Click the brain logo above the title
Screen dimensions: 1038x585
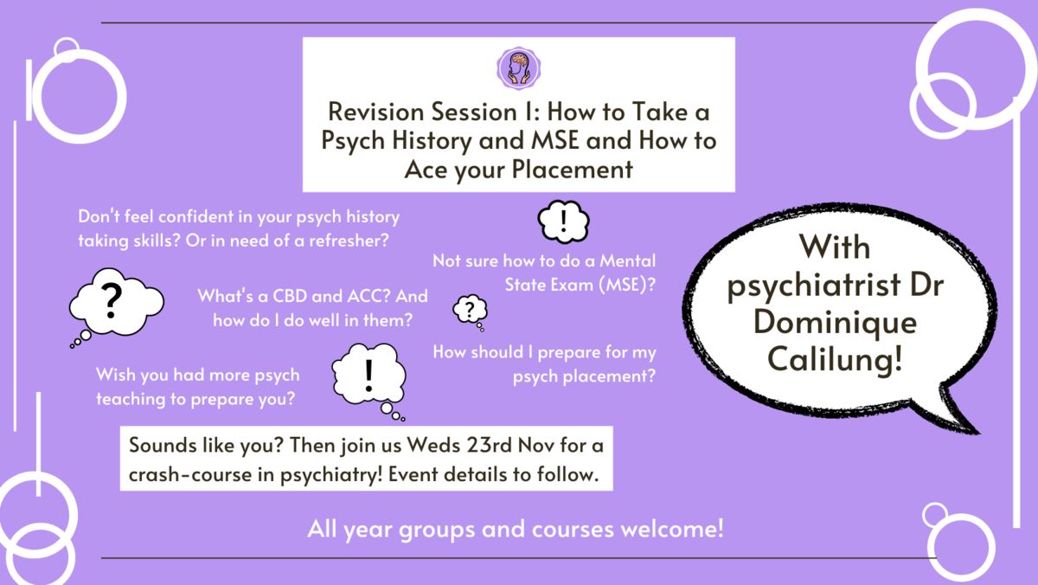point(518,68)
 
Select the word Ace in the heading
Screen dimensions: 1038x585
point(426,170)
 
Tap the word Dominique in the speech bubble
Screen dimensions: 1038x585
point(835,324)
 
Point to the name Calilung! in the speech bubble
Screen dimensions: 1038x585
point(835,359)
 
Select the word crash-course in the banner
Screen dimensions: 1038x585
point(190,475)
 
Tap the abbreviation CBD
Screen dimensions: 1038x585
point(292,296)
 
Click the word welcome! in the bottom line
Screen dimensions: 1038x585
point(672,529)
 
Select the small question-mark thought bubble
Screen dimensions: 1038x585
point(471,312)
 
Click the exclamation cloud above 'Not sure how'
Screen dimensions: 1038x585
point(563,222)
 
